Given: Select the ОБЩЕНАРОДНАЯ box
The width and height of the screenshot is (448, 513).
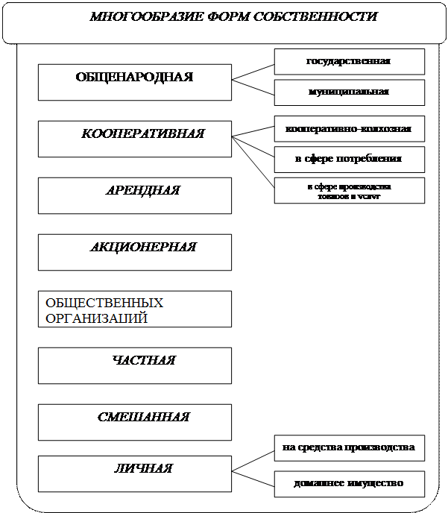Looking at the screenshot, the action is [x=134, y=82].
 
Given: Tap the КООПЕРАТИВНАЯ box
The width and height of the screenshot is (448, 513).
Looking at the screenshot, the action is [x=134, y=139].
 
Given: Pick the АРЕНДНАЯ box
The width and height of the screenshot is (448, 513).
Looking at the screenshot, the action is [x=134, y=195].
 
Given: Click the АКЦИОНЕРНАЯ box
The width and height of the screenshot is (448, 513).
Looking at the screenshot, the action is [x=134, y=252].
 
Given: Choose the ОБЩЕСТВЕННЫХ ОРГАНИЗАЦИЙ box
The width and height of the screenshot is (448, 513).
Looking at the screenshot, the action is [x=134, y=309].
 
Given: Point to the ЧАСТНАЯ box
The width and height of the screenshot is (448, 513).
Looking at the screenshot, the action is [x=134, y=365].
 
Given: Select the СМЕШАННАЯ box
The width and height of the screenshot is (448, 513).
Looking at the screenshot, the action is [x=134, y=422].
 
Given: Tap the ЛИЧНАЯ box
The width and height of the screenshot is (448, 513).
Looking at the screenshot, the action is [x=134, y=474].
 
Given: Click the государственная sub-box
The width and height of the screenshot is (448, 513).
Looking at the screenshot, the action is [x=349, y=61].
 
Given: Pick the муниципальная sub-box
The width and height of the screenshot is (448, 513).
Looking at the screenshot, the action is [x=349, y=92].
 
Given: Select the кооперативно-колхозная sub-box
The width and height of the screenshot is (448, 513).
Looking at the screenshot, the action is [x=349, y=128].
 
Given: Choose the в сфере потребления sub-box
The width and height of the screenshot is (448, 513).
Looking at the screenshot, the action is [x=349, y=159].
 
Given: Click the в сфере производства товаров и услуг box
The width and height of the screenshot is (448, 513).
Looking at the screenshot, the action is [x=349, y=190].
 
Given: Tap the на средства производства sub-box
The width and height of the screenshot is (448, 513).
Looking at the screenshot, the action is [x=349, y=448].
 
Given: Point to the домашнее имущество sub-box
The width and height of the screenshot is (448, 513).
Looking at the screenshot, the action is [x=349, y=483].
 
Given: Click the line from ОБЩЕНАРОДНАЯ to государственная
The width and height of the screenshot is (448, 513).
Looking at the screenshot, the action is [x=253, y=71].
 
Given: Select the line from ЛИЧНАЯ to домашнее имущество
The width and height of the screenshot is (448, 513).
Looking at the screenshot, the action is [x=253, y=476].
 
